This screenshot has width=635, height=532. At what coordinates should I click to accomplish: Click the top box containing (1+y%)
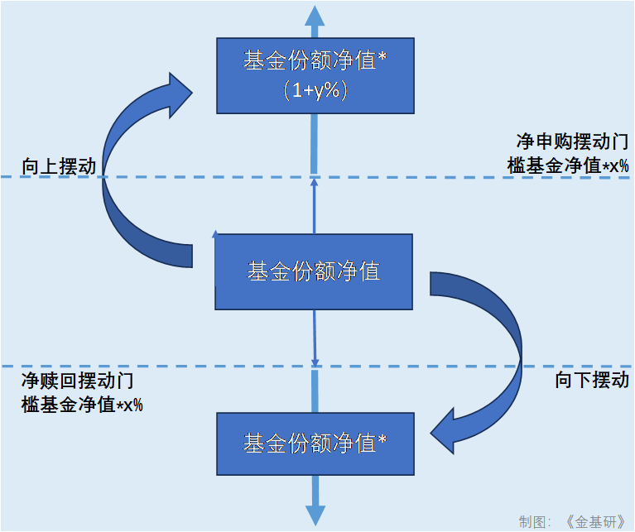315,74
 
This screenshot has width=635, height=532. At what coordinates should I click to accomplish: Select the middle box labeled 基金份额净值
314,271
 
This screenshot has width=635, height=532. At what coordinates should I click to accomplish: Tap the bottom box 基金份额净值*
315,444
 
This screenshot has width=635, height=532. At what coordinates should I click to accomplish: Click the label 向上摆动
49,167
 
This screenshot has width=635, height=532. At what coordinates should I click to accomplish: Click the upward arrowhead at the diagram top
315,17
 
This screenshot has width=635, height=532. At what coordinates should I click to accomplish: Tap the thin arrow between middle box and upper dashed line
315,204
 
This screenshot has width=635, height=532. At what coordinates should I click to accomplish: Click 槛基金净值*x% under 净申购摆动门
567,165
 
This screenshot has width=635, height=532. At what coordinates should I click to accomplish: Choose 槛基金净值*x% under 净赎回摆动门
82,405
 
